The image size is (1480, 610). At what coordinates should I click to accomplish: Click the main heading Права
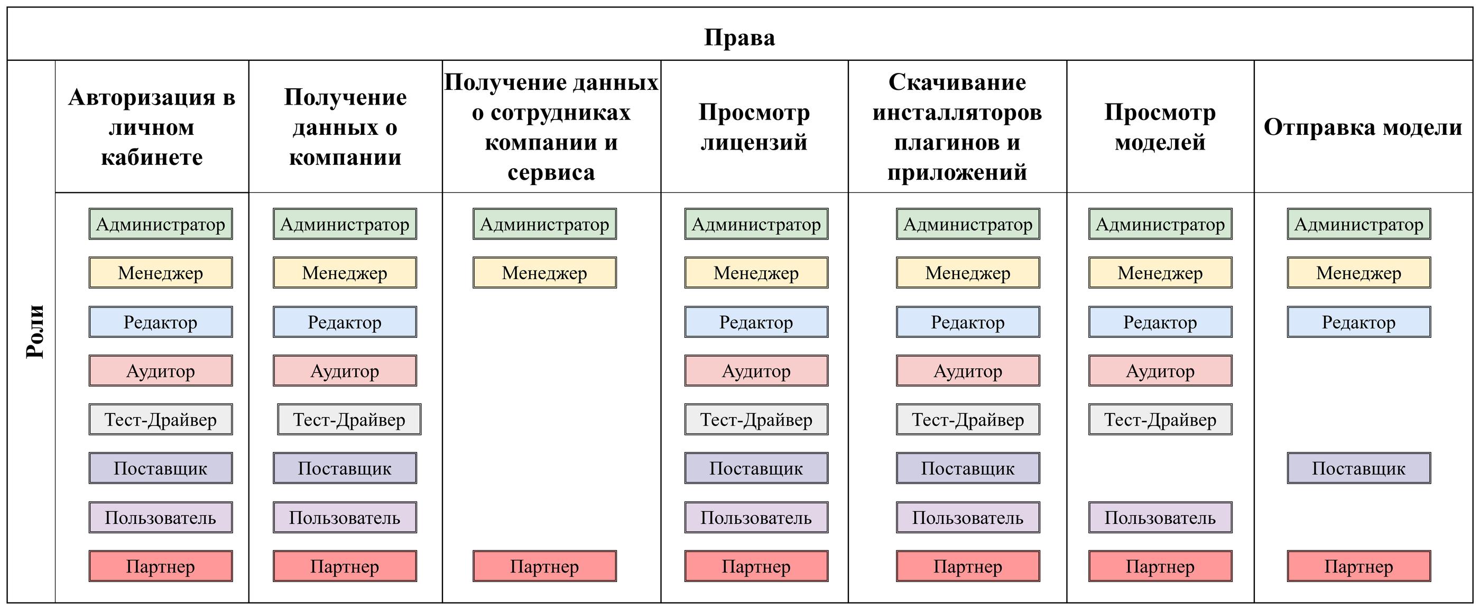coord(739,38)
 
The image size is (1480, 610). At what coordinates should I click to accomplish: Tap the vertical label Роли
coord(35,331)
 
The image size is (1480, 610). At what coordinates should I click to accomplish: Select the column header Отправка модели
coord(1362,127)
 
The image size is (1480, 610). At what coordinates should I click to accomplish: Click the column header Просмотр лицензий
coord(754,127)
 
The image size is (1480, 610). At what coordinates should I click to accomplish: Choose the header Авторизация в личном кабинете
coord(152,127)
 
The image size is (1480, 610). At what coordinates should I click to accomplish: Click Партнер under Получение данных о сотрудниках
coord(544,566)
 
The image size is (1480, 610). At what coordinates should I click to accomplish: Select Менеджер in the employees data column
coord(544,273)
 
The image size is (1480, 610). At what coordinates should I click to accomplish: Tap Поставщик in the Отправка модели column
coord(1358,468)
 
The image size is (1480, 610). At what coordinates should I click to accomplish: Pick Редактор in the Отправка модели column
coord(1358,322)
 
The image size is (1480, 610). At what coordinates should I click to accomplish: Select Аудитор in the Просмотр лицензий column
coord(755,371)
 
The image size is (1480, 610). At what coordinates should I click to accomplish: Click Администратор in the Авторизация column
coord(160,224)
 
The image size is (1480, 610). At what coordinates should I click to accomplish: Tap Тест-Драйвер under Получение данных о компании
coord(349,420)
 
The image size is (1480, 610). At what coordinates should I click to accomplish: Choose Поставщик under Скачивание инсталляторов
coord(967,468)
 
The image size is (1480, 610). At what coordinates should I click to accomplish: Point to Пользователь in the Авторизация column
coord(160,517)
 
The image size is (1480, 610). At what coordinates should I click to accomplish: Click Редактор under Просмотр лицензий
coord(755,322)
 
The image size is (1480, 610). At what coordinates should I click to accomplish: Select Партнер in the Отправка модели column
coord(1358,566)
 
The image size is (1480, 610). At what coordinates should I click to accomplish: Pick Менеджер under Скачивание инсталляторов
coord(967,273)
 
